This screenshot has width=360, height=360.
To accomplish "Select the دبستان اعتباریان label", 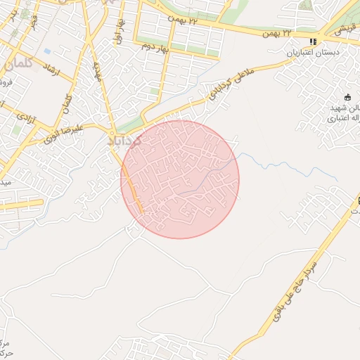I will tap(313, 53).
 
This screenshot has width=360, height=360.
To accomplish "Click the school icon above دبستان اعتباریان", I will tap(313, 41).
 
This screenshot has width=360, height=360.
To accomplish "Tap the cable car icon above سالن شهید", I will tap(347, 97).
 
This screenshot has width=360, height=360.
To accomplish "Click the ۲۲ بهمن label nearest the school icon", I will tap(276, 33).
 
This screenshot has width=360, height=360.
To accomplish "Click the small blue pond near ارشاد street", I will tap(46, 51).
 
